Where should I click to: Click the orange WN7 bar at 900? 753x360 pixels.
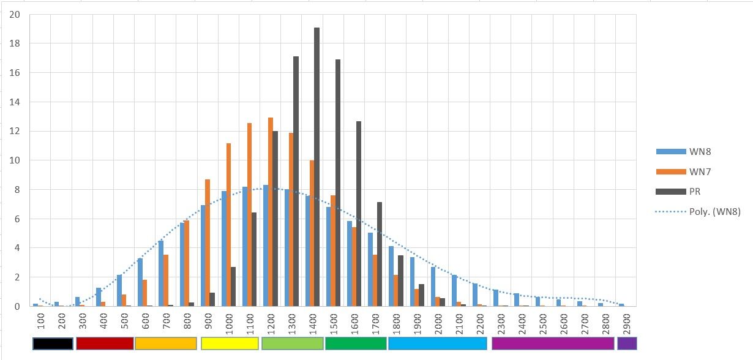(208, 242)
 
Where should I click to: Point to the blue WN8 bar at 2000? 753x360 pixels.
(432, 287)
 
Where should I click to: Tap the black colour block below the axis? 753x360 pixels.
(53, 343)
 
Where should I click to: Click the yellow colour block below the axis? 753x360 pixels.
(230, 343)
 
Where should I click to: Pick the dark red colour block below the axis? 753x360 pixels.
(104, 343)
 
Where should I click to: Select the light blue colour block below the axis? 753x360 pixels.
(438, 343)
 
